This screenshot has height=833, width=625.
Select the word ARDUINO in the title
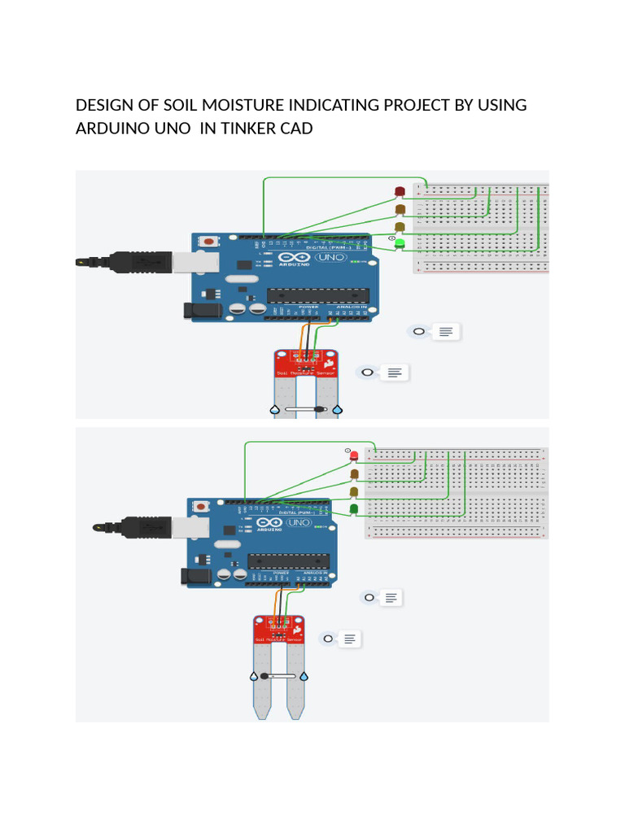coord(107,129)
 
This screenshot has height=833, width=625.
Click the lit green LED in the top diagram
coord(399,243)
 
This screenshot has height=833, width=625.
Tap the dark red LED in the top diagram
coord(399,191)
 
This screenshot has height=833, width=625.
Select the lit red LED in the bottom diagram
coord(354,456)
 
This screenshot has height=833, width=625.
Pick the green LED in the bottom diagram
coord(354,509)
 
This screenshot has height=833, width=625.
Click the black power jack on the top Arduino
coord(196,309)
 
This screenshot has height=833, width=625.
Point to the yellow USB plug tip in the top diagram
coord(82,262)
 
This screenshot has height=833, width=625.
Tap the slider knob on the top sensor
coord(322,410)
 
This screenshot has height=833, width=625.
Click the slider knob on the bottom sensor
coord(264,676)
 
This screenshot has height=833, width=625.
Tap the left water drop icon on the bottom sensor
coord(253,676)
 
